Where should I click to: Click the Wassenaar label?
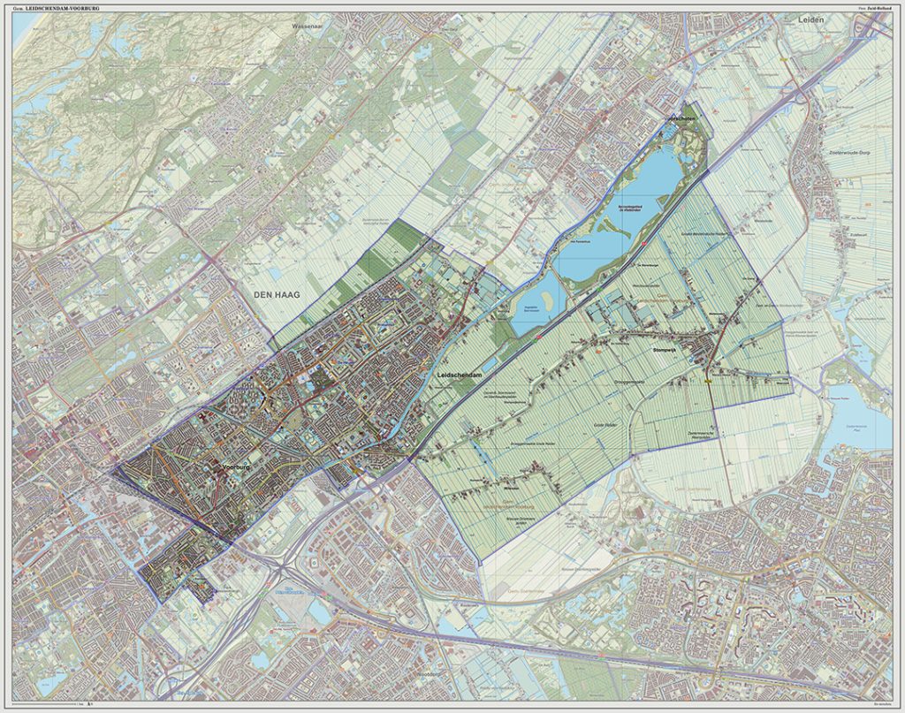pyautogui.click(x=308, y=27)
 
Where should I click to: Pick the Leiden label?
pyautogui.click(x=810, y=19)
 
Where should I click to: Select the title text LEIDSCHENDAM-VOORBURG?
pyautogui.click(x=66, y=8)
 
